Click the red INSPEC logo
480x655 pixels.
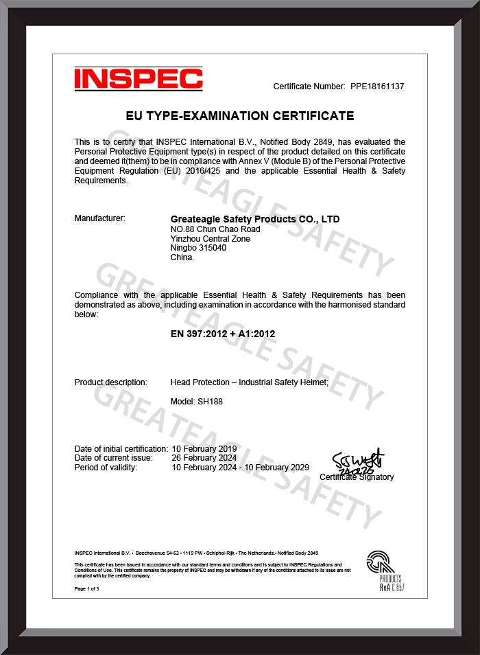(x=138, y=78)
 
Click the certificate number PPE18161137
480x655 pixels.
(x=377, y=87)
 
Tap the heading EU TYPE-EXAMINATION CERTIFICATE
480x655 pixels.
(x=240, y=115)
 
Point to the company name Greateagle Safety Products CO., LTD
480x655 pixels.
(x=254, y=219)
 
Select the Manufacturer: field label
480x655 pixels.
(x=99, y=218)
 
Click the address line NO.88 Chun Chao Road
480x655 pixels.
(x=215, y=229)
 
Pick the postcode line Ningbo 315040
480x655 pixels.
(x=198, y=248)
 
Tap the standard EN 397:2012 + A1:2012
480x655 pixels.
(x=222, y=334)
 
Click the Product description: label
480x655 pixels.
(x=110, y=382)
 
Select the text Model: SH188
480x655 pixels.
(x=196, y=402)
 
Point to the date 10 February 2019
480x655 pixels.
(x=204, y=448)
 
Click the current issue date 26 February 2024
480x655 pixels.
(x=204, y=458)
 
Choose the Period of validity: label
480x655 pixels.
(x=106, y=468)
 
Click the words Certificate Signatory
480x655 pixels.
(x=357, y=476)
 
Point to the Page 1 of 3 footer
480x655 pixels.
(x=87, y=589)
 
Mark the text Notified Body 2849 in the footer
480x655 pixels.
(x=298, y=553)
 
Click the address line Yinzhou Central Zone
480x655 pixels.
(x=210, y=238)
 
